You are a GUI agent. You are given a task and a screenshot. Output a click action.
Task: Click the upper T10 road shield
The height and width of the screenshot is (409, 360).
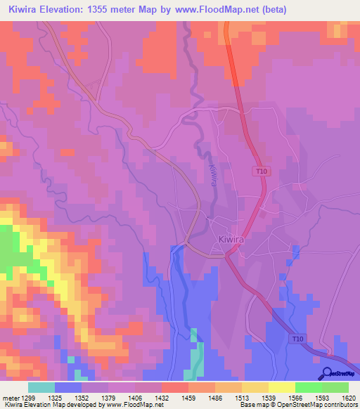click(260, 171)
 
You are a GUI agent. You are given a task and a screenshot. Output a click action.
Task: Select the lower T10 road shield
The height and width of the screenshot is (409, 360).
click(298, 339)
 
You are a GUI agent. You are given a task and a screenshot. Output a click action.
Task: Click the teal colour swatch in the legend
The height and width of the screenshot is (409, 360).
click(41, 387)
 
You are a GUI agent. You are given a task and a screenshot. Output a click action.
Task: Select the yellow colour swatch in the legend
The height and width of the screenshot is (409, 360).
click(281, 387)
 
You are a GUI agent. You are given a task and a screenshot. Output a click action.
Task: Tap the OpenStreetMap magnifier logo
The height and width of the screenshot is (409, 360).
click(327, 374)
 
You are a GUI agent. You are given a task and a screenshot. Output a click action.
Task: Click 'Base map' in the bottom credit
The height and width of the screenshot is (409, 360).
click(252, 405)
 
